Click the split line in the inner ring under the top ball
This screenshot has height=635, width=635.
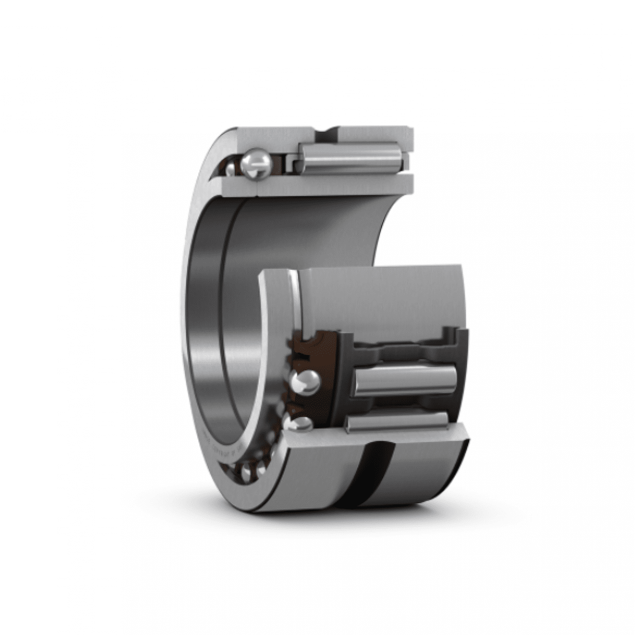(258, 185)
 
